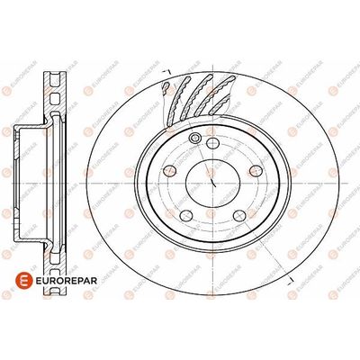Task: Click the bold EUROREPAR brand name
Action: pyautogui.click(x=66, y=281)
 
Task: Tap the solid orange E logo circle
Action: pyautogui.click(x=23, y=281)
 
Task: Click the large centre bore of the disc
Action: pyautogui.click(x=212, y=183)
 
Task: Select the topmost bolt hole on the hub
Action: pyautogui.click(x=212, y=143)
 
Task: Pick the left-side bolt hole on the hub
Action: pyautogui.click(x=170, y=171)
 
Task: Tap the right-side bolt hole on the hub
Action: pyautogui.click(x=256, y=171)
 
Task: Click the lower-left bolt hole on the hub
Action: pyautogui.click(x=186, y=216)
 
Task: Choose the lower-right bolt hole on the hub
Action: pyautogui.click(x=239, y=216)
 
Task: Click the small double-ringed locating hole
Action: pyautogui.click(x=195, y=138)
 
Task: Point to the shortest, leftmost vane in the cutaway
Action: pyautogui.click(x=166, y=86)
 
